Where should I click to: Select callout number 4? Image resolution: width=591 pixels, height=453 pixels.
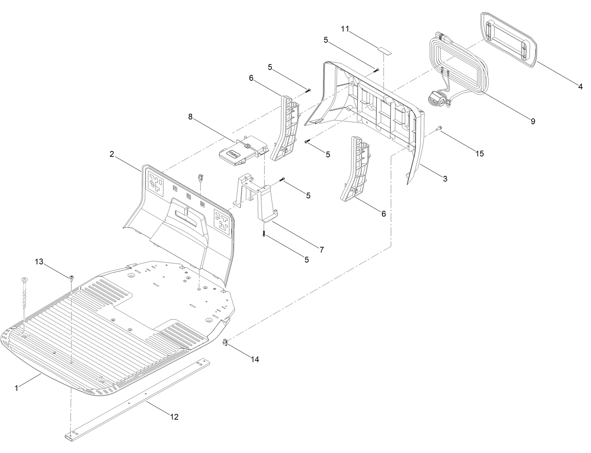(x=580, y=86)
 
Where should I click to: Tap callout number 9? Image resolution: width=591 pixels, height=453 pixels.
(x=533, y=121)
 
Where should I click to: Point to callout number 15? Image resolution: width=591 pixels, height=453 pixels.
(x=479, y=154)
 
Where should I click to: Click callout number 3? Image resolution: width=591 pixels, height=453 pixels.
(x=445, y=178)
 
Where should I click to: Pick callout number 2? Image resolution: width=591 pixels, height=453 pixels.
(x=112, y=154)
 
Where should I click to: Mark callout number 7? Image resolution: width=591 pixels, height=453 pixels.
(x=322, y=249)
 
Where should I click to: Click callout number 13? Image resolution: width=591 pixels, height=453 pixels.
(x=39, y=262)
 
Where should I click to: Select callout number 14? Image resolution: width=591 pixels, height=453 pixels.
(x=255, y=359)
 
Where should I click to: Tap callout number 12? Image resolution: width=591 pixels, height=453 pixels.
(x=174, y=417)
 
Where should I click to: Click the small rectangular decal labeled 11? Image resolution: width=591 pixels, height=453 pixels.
(x=384, y=50)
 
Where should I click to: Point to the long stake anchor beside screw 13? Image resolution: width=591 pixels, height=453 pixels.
(x=24, y=294)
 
